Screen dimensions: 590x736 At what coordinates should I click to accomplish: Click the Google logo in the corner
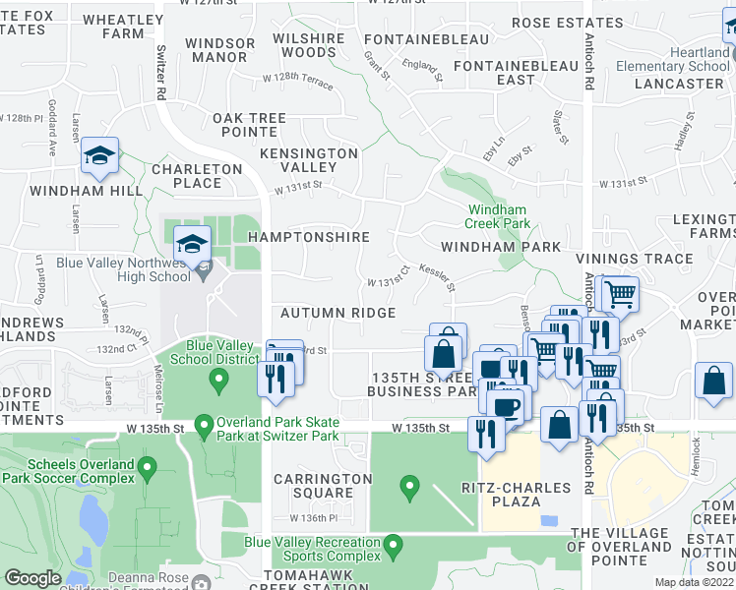(32, 578)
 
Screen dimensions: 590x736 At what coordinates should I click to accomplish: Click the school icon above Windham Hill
(99, 156)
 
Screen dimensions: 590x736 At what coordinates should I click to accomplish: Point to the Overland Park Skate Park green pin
(204, 427)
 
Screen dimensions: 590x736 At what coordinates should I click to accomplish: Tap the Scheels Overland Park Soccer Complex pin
(147, 466)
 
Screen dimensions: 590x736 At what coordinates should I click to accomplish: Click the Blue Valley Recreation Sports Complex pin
(394, 544)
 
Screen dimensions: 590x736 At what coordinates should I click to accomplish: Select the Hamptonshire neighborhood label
(309, 237)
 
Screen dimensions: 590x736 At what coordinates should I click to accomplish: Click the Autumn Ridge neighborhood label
(337, 313)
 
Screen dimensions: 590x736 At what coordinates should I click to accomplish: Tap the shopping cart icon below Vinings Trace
(618, 293)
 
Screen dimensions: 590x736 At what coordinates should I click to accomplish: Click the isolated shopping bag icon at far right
(713, 382)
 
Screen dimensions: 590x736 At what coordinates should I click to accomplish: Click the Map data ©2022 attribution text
(692, 582)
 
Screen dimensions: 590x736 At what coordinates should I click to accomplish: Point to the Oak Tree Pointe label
(249, 125)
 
